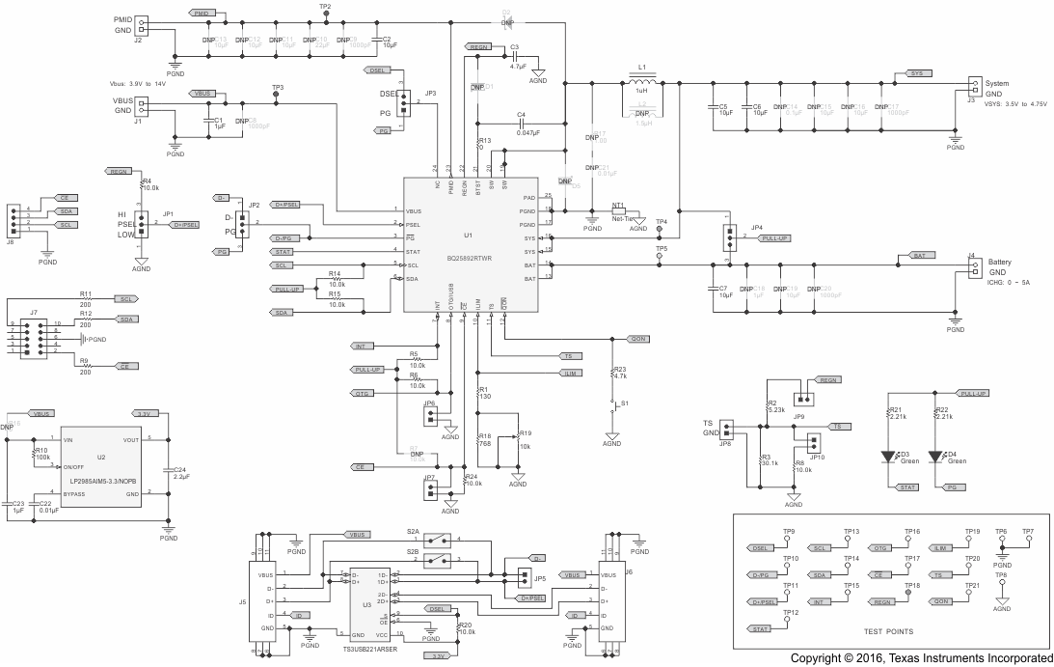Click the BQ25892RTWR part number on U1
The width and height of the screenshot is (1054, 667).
tap(469, 259)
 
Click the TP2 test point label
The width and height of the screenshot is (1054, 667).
tap(325, 7)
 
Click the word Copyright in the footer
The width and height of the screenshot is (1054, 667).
tap(819, 658)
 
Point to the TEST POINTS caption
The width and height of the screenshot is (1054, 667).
tap(878, 631)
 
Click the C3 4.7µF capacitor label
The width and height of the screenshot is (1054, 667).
tap(516, 46)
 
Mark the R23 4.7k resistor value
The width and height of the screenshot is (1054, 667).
tap(621, 375)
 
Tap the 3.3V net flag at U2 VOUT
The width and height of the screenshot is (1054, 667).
tap(146, 413)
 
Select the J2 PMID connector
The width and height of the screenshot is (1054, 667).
tap(141, 25)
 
